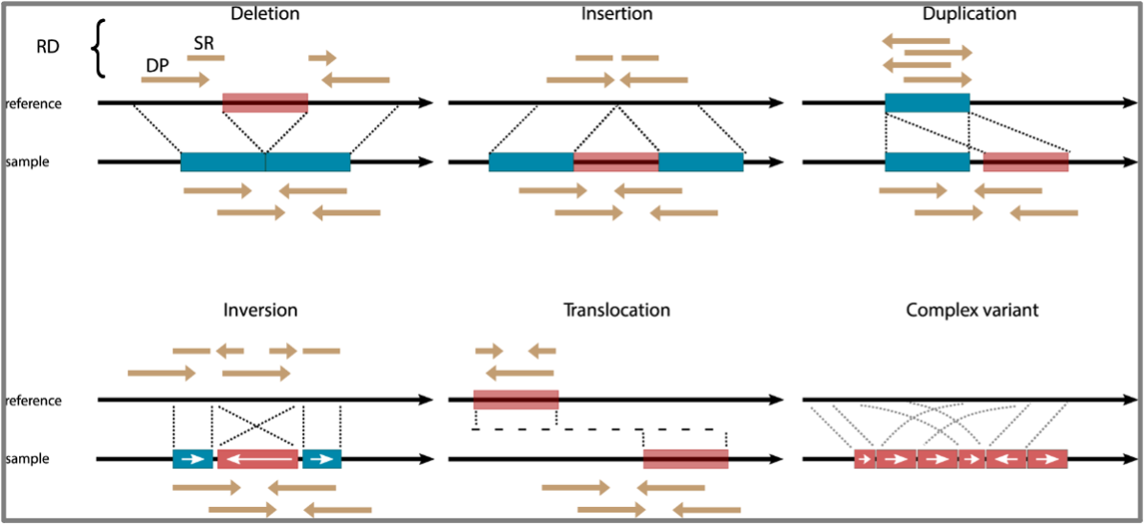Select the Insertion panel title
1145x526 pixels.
[x=617, y=14]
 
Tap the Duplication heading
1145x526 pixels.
[x=969, y=14]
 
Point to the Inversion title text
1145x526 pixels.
[x=260, y=311]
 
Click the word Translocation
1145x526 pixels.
[x=617, y=311]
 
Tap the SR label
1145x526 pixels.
[x=204, y=43]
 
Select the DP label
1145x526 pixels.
[x=159, y=64]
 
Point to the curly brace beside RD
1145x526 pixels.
[x=97, y=49]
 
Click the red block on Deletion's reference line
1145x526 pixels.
[x=265, y=103]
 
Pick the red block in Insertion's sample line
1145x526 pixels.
[x=616, y=163]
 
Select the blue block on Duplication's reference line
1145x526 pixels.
[x=927, y=103]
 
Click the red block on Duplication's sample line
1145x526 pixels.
[x=1025, y=163]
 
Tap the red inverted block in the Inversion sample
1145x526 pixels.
[x=257, y=459]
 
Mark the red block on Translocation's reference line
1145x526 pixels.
[x=516, y=400]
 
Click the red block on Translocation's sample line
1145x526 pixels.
[x=685, y=459]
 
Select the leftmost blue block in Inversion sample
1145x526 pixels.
[x=192, y=459]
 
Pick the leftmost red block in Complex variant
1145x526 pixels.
[x=865, y=459]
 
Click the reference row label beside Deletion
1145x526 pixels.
[x=33, y=103]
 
